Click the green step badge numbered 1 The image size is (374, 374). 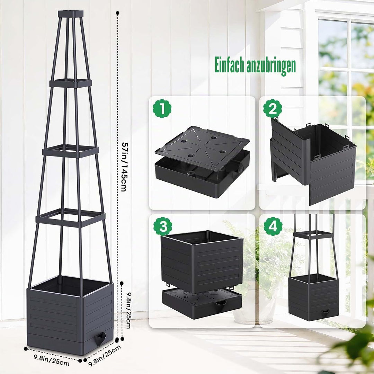click(162, 109)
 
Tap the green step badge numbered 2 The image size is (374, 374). click(273, 109)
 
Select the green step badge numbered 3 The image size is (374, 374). click(163, 226)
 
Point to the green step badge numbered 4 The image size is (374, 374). click(273, 226)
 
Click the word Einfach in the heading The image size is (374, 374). click(230, 65)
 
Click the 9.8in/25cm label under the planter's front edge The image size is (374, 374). click(52, 360)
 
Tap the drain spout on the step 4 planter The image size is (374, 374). click(325, 313)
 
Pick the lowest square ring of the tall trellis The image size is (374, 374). click(71, 217)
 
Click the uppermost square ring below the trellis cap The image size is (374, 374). click(71, 83)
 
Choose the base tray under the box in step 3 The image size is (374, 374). click(202, 303)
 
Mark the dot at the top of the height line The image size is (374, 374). click(117, 13)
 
